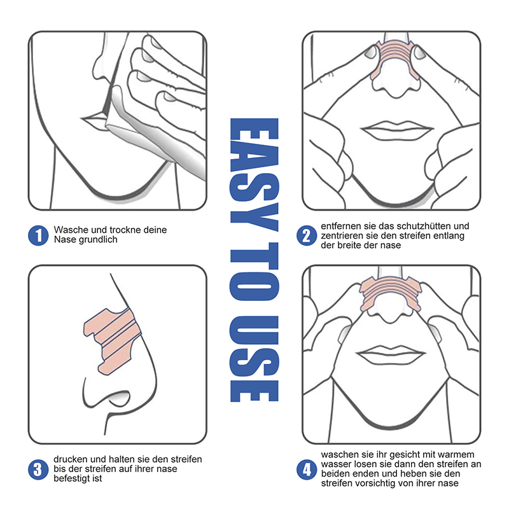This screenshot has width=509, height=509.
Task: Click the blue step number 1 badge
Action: click(38, 235)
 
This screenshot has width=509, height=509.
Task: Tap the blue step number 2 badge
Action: click(307, 235)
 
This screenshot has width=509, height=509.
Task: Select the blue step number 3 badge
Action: click(38, 470)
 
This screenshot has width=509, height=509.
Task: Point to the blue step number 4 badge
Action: click(307, 470)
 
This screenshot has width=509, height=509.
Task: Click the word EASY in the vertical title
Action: click(254, 174)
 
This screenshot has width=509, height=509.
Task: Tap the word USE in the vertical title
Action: click(254, 359)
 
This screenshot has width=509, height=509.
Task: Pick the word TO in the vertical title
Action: click(254, 272)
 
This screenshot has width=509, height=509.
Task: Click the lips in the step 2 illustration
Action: click(396, 130)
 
